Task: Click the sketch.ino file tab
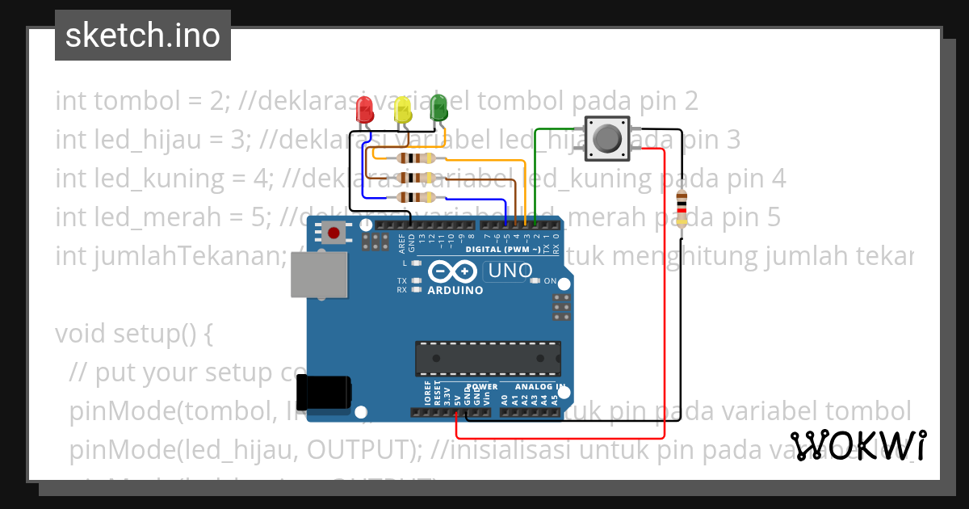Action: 143,36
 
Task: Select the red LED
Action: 365,109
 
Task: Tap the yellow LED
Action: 402,110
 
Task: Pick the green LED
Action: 438,107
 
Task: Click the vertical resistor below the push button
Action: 682,208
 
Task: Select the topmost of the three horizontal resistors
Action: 416,158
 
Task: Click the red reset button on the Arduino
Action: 333,234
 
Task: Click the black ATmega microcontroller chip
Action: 488,359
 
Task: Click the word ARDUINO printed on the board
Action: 455,290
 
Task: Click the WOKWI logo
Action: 858,445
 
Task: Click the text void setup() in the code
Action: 133,334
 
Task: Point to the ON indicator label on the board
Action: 550,281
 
